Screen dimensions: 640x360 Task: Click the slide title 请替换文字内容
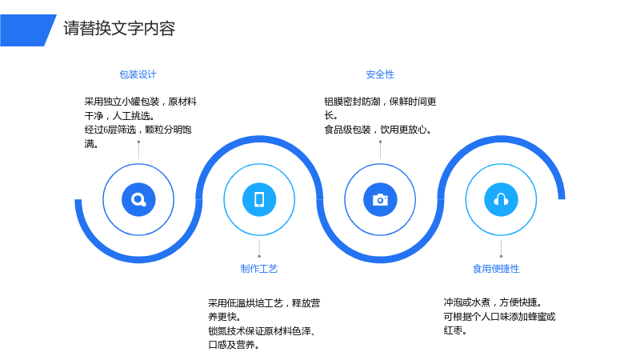119,29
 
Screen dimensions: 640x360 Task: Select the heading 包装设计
138,74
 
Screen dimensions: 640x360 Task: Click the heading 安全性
380,74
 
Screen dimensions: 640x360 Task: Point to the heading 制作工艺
259,269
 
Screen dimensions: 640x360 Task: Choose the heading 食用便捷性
496,269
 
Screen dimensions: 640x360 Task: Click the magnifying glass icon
138,199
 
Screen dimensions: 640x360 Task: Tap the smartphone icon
259,199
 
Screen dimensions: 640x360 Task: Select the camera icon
380,199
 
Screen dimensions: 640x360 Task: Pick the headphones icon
501,199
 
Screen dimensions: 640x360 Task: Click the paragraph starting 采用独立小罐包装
141,122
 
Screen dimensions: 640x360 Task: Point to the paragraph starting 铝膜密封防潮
381,115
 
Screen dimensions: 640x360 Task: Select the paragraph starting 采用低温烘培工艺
264,324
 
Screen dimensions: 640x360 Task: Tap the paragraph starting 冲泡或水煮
499,316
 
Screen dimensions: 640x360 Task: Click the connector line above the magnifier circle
138,150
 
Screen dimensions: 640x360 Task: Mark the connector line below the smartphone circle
259,249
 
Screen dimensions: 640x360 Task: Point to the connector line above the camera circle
381,150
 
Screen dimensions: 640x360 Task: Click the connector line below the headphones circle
502,249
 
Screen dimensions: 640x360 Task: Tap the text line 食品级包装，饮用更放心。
378,130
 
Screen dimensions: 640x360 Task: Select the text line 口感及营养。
234,345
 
